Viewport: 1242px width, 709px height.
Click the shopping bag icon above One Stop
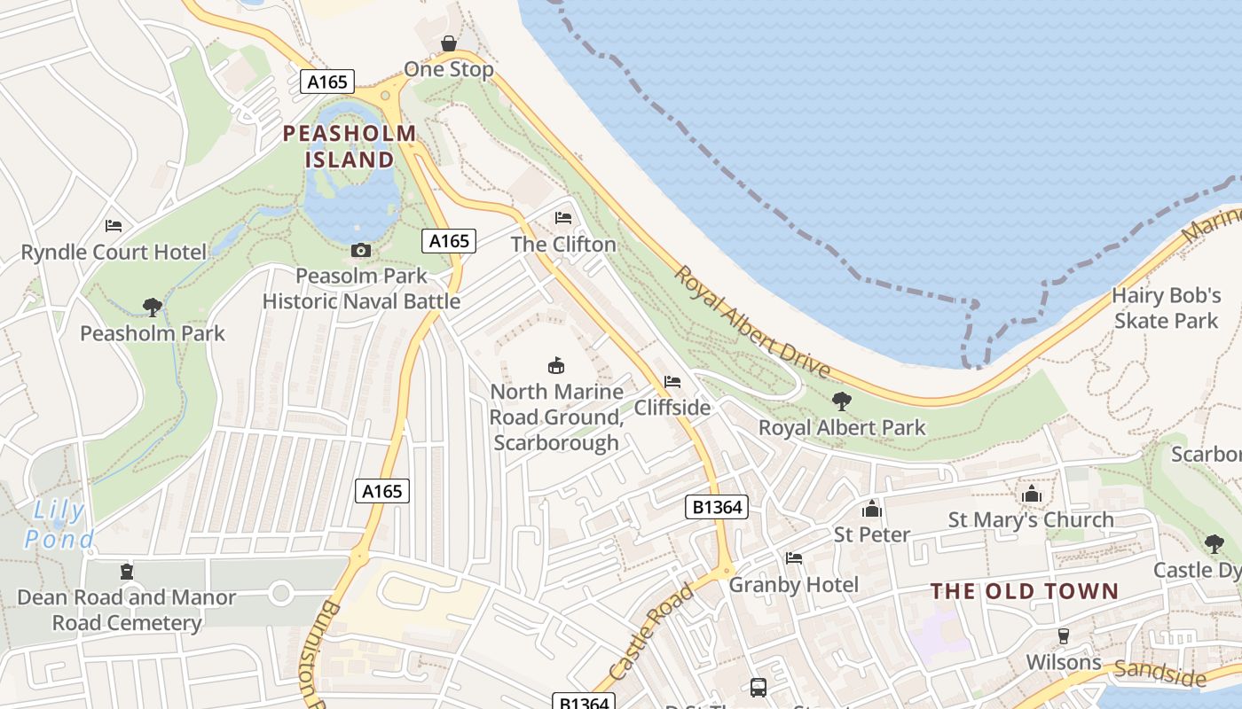click(x=449, y=43)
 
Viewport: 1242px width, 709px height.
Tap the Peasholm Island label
click(x=350, y=147)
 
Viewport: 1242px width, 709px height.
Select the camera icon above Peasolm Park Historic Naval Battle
click(x=360, y=251)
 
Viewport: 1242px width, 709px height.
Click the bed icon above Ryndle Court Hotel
click(x=114, y=226)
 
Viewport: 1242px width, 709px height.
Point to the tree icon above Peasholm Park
click(x=153, y=308)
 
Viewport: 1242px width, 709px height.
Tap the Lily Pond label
click(x=59, y=525)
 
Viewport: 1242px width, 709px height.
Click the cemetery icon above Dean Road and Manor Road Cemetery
click(x=127, y=572)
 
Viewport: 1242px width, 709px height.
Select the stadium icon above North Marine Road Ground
click(x=556, y=365)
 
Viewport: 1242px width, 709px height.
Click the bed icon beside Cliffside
click(x=672, y=382)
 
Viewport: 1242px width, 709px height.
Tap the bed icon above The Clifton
click(x=562, y=218)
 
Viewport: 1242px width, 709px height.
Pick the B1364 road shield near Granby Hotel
click(x=717, y=507)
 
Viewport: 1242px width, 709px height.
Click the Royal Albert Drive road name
click(x=751, y=322)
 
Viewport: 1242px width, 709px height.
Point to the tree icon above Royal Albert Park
click(x=841, y=401)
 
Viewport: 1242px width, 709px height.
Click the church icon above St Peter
click(x=871, y=509)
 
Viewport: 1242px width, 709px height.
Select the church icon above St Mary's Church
click(x=1032, y=494)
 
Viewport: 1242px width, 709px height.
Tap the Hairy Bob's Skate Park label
click(x=1167, y=308)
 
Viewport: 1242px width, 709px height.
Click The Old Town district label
click(x=1025, y=591)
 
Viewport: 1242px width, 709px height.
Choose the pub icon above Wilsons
click(x=1063, y=635)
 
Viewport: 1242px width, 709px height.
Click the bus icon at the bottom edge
click(x=759, y=687)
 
